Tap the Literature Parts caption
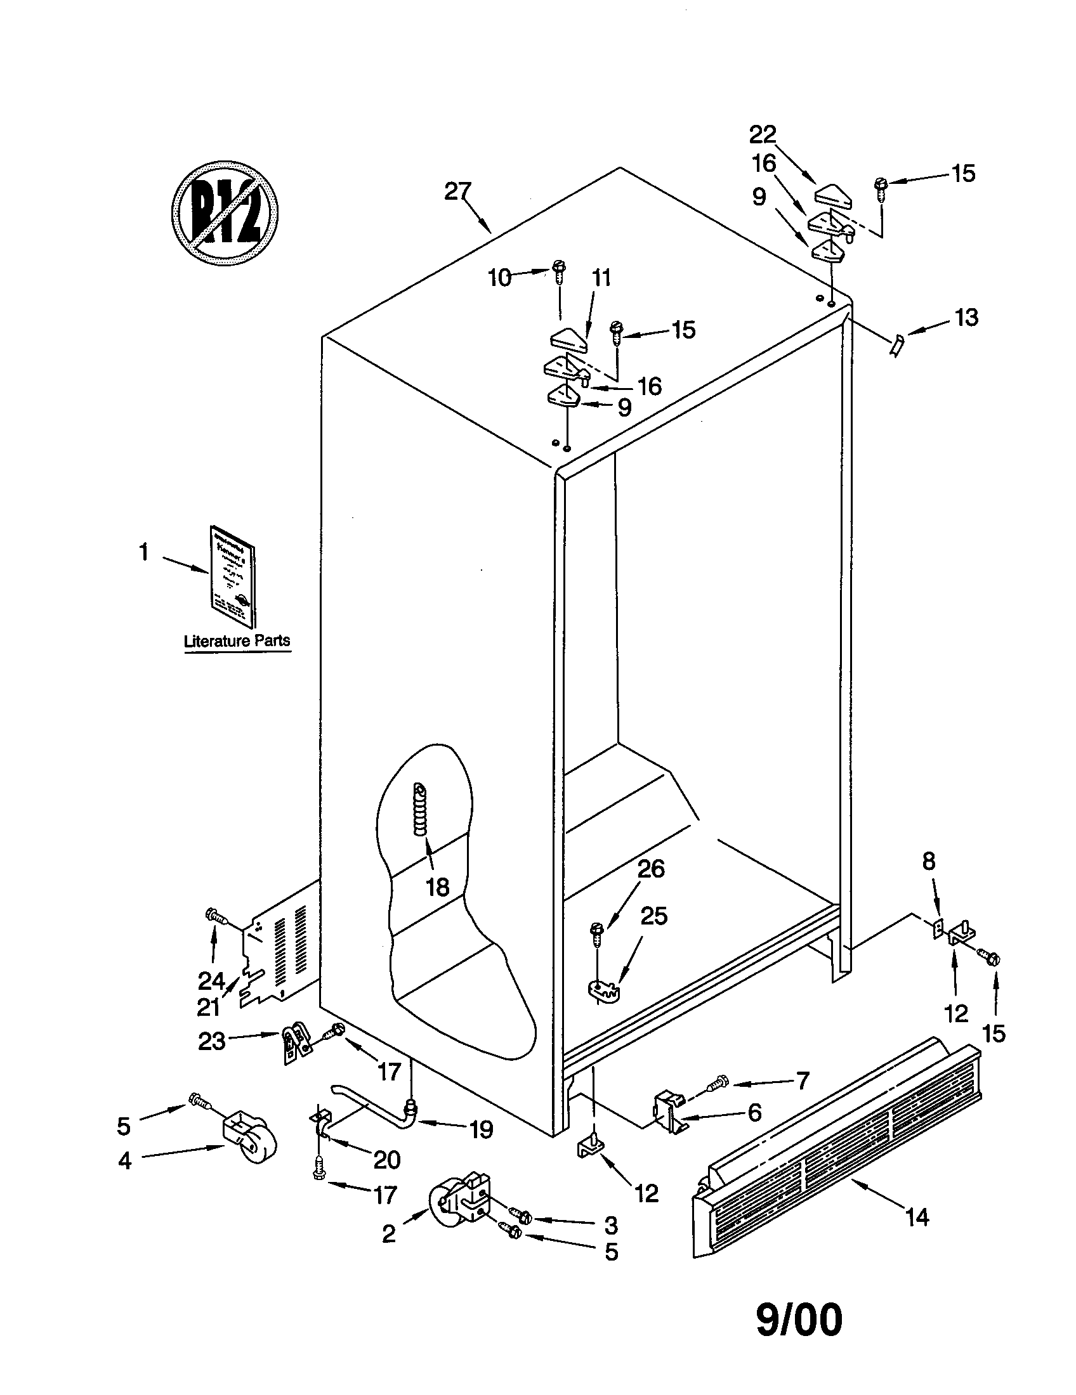coord(237,640)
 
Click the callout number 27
coord(457,191)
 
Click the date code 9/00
coord(799,1320)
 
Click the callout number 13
coord(966,317)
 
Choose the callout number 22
coord(763,135)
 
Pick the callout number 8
coord(928,862)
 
